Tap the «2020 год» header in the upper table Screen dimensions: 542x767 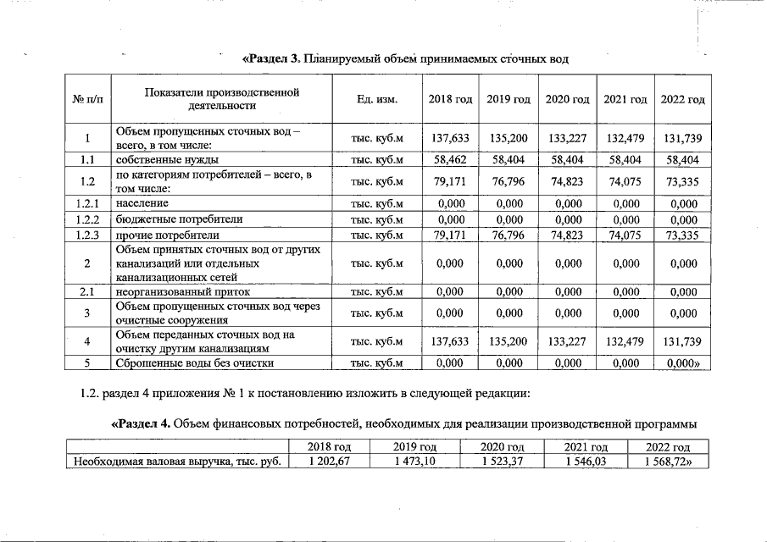point(567,100)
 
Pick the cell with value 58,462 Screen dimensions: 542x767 point(449,158)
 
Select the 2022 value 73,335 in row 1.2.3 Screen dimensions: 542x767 point(682,235)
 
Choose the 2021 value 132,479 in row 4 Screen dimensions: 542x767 point(625,342)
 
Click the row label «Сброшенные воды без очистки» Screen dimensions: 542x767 point(194,364)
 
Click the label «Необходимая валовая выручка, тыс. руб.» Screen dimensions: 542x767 point(176,462)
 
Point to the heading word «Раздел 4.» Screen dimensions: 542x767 point(140,423)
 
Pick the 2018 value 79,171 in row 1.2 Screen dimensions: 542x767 point(449,180)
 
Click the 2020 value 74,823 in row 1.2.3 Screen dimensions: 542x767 point(567,235)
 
